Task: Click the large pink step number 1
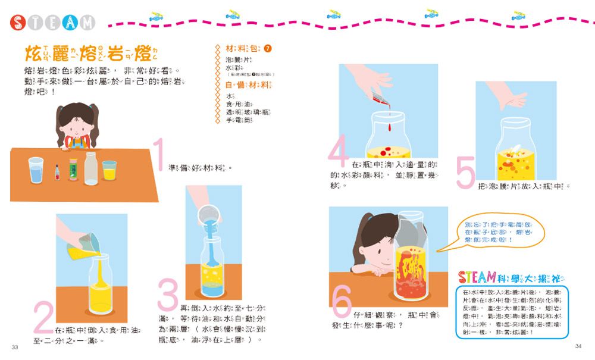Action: [x=158, y=155]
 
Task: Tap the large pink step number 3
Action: [x=168, y=297]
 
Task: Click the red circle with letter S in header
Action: [x=19, y=23]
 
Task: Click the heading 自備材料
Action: [x=243, y=85]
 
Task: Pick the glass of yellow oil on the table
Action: [x=109, y=170]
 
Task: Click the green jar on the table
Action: [x=73, y=169]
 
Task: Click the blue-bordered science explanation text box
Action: [x=513, y=312]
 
